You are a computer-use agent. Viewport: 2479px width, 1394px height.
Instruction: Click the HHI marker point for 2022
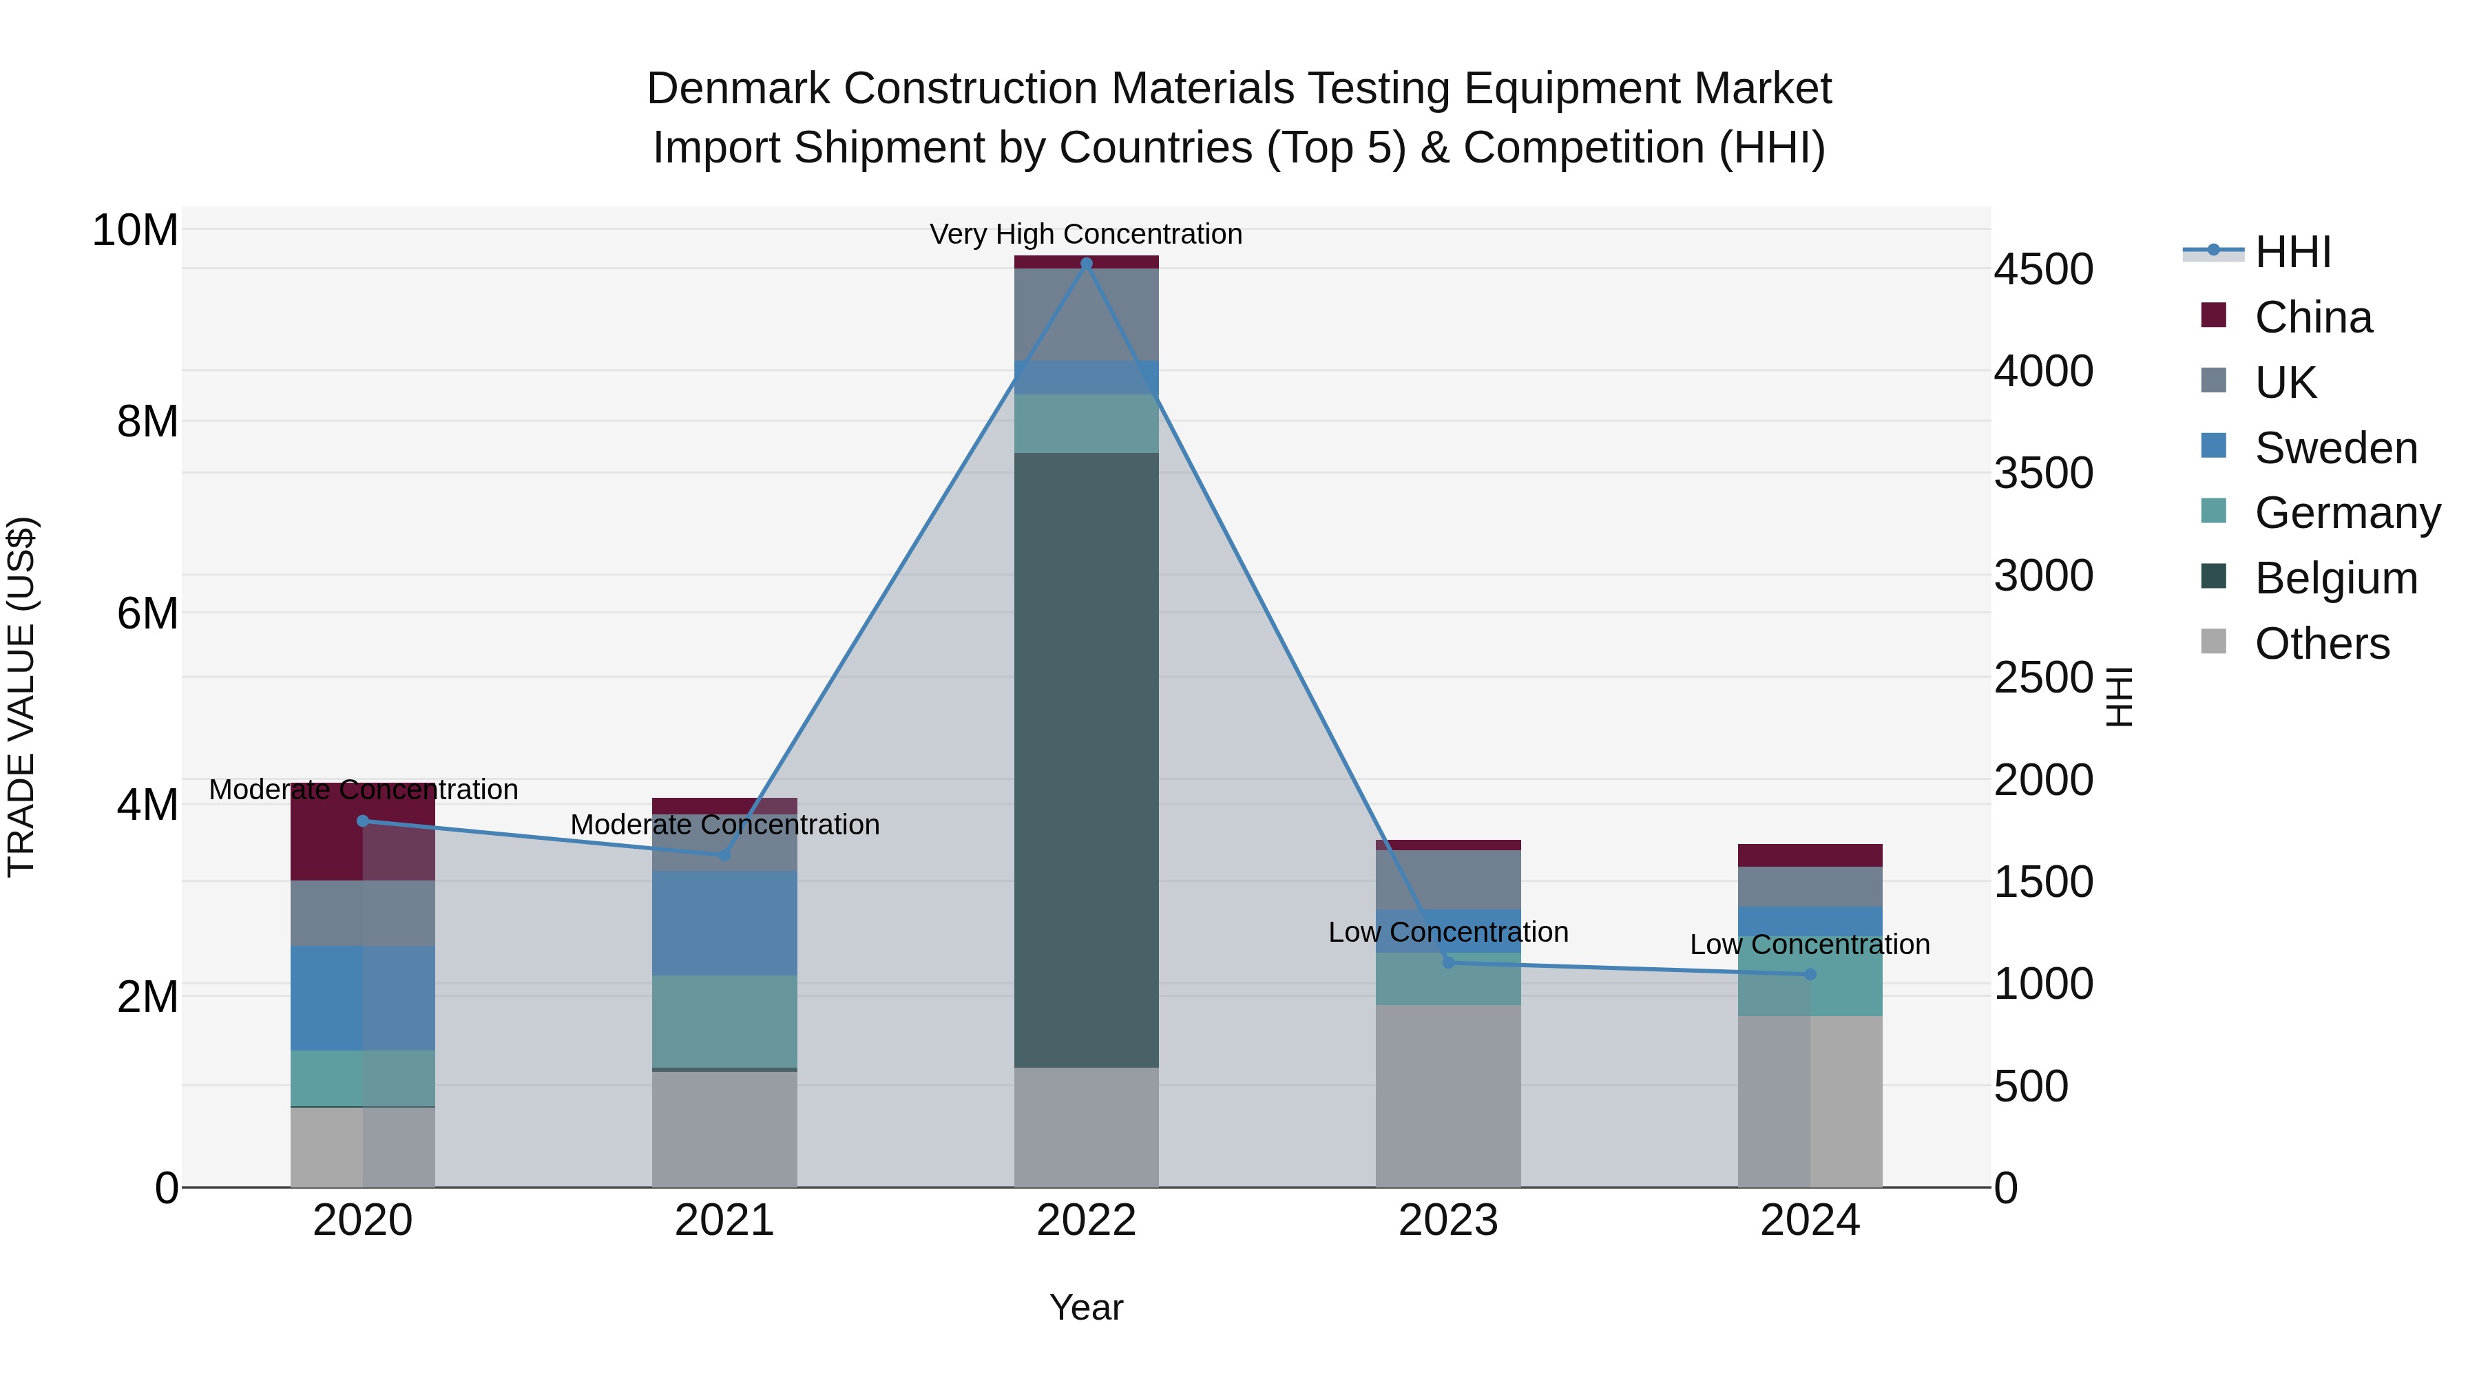click(x=1087, y=263)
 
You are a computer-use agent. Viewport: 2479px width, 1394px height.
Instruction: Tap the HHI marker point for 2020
click(x=363, y=821)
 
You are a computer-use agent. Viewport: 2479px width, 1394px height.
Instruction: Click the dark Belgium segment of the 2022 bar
click(x=1087, y=760)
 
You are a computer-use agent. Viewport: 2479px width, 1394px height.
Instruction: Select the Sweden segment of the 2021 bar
click(x=724, y=924)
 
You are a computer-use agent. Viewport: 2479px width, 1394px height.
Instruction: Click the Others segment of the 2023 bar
click(x=1448, y=1097)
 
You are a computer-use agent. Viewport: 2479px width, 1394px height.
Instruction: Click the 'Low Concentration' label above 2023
click(x=1448, y=931)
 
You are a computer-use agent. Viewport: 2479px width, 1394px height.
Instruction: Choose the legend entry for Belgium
click(x=2336, y=578)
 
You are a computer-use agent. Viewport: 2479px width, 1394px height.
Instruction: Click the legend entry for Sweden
click(x=2336, y=448)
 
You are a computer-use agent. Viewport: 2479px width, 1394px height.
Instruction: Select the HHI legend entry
click(x=2292, y=252)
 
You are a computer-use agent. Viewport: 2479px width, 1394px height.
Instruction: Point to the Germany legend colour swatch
click(x=2213, y=511)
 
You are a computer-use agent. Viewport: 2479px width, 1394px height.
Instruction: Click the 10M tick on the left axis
click(x=135, y=231)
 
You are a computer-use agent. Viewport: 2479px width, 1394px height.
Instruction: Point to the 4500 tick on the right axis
click(x=2043, y=269)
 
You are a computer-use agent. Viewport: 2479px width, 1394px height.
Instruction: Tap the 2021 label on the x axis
click(x=724, y=1221)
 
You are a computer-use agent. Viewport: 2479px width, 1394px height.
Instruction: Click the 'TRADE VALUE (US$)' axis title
click(x=21, y=697)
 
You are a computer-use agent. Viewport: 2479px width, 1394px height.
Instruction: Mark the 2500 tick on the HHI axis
click(x=2043, y=677)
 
